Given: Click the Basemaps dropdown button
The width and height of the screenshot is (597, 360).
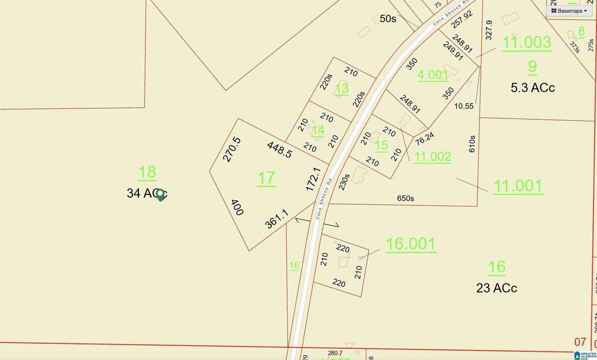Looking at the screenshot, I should (x=569, y=11).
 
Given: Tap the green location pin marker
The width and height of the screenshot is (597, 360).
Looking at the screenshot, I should (x=160, y=194).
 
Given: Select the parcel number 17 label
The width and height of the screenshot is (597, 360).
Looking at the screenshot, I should (x=266, y=178).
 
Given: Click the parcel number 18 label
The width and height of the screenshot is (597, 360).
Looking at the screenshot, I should (x=147, y=172).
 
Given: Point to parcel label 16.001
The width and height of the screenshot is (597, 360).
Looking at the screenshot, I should (x=410, y=244).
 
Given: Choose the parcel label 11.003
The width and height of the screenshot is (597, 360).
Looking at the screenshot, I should (x=527, y=43).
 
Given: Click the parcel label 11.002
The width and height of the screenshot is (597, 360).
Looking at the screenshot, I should (x=432, y=156).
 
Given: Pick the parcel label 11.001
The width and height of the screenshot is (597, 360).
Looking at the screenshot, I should (x=518, y=186).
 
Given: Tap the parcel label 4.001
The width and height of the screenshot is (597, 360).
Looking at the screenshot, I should (x=432, y=75).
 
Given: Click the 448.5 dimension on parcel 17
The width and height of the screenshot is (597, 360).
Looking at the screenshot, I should (x=280, y=149).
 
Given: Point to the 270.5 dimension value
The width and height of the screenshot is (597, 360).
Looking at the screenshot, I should (x=232, y=150).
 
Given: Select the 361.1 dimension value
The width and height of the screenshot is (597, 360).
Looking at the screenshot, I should (x=276, y=219).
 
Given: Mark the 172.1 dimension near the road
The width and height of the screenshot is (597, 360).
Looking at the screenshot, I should (x=313, y=179).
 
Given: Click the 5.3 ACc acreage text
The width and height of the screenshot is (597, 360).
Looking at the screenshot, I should (x=532, y=87).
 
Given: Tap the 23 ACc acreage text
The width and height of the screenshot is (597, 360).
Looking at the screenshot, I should (x=496, y=288).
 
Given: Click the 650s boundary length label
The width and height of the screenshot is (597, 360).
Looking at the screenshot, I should (x=405, y=198).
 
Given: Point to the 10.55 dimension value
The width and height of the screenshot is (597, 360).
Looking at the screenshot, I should (x=464, y=106).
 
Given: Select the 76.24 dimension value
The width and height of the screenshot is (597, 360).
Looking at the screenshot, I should (x=424, y=138).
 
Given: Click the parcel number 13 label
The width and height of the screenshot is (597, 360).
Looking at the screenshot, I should (x=342, y=88).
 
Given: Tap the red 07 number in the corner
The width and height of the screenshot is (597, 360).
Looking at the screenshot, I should (x=580, y=342).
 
